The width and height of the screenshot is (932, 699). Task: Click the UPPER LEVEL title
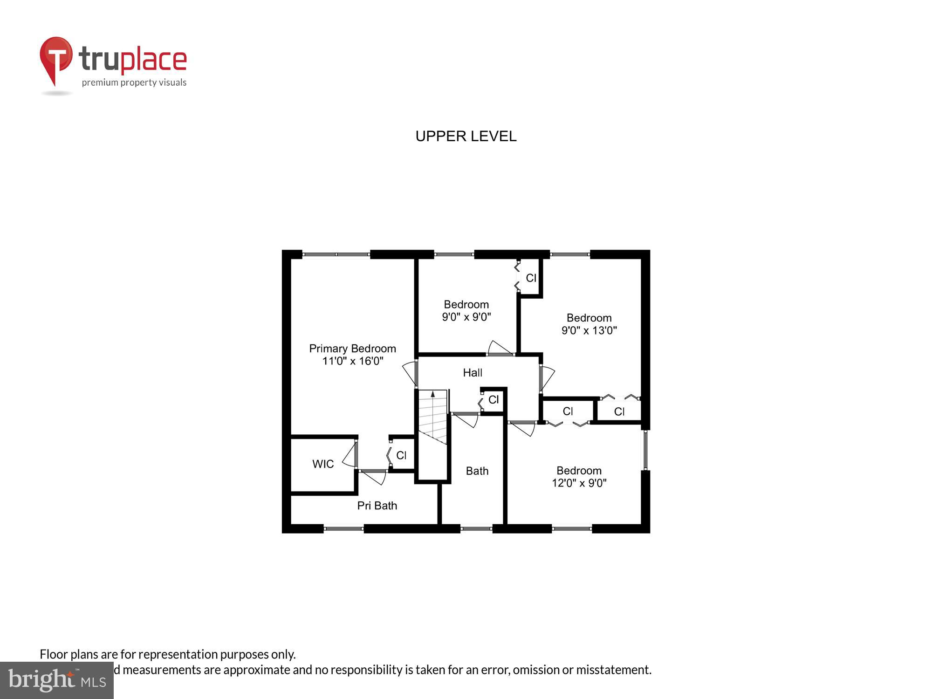466,136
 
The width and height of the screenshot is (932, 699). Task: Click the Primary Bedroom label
352,349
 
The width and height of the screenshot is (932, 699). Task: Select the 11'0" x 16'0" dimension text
352,361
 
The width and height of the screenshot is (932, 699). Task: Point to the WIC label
323,464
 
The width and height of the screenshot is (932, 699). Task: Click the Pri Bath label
377,506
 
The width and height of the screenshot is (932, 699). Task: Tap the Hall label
472,373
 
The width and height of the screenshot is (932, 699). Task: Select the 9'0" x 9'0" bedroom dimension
466,317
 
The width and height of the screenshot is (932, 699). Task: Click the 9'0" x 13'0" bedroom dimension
589,331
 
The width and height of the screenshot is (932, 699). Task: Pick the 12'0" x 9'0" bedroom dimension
579,483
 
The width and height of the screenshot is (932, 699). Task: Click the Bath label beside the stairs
477,471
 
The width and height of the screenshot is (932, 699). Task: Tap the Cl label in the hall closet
493,400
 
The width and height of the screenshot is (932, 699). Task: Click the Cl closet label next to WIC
401,455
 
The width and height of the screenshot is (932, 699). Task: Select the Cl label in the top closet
531,278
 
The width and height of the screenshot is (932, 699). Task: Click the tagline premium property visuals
134,83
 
